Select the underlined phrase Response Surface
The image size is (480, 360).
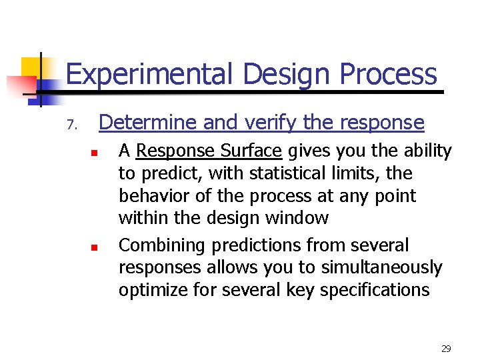[x=209, y=151]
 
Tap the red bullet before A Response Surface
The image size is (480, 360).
[x=95, y=153]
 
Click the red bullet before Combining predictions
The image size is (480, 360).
[x=95, y=247]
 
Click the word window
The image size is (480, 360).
[x=299, y=218]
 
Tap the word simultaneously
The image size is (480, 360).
[x=381, y=268]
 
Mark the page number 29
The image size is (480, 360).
[x=446, y=349]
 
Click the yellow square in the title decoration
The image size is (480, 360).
[x=32, y=68]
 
